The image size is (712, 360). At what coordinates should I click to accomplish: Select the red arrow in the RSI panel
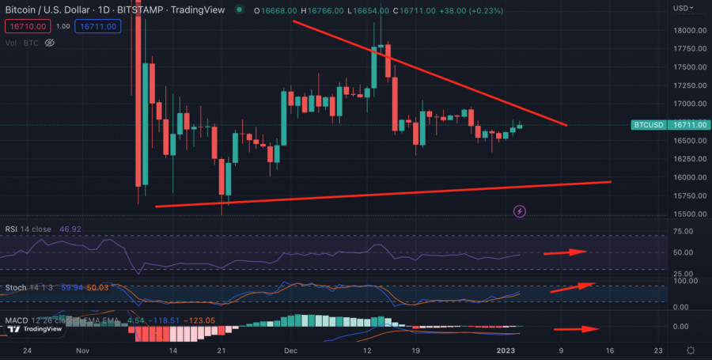click(564, 252)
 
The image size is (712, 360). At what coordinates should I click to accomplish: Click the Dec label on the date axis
click(290, 350)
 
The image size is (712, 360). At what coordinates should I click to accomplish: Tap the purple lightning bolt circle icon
click(520, 211)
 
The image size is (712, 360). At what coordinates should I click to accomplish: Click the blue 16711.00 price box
click(97, 26)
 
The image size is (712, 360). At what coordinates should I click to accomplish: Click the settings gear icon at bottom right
click(690, 350)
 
